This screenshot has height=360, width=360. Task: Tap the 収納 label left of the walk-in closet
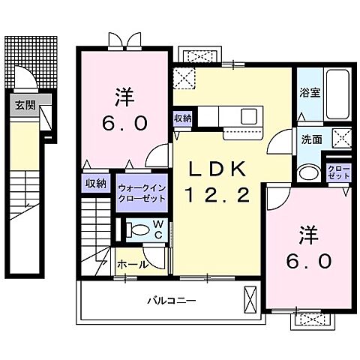[94, 183]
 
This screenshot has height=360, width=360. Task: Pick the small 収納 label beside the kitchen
[181, 118]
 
